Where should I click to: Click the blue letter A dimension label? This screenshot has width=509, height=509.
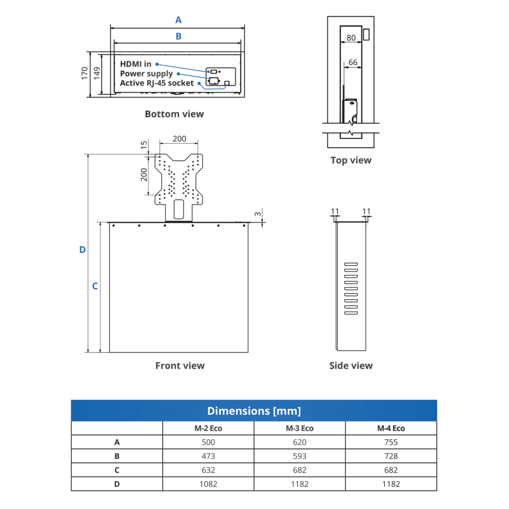click(x=178, y=20)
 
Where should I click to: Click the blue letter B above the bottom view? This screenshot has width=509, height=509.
click(x=178, y=36)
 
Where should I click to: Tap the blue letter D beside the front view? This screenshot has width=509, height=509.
click(x=82, y=250)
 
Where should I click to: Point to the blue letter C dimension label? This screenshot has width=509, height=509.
click(x=95, y=286)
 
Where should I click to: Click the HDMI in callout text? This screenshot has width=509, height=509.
click(x=135, y=64)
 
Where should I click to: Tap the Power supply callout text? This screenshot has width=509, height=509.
click(x=147, y=74)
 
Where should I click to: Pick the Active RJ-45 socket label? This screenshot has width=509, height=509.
click(x=157, y=83)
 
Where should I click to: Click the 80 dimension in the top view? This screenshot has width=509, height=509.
click(x=351, y=38)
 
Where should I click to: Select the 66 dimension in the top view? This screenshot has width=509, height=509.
click(x=353, y=63)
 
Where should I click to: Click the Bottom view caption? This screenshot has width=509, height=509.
click(x=174, y=114)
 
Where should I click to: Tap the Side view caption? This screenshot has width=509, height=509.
click(x=351, y=365)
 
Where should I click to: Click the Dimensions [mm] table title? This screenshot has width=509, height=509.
click(x=254, y=411)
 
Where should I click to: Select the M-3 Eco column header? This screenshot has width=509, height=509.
click(x=300, y=428)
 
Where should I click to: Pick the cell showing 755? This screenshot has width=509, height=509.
click(x=391, y=442)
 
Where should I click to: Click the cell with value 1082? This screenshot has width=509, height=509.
click(x=209, y=484)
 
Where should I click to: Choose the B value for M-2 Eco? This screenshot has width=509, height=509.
click(x=209, y=456)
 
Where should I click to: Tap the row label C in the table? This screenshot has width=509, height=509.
click(x=117, y=470)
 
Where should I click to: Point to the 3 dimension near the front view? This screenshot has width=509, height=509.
click(x=258, y=214)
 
